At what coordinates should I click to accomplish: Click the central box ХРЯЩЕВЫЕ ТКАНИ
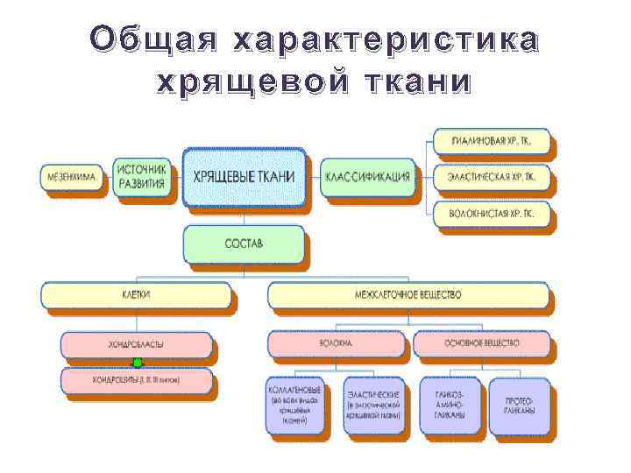click(244, 177)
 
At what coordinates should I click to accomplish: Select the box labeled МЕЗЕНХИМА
click(72, 178)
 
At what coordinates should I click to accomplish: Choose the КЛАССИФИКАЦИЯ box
click(367, 177)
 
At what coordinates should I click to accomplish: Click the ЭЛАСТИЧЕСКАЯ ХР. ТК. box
click(490, 177)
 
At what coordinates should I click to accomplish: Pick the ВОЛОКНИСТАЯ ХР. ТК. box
click(490, 213)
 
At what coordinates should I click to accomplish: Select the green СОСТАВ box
click(244, 244)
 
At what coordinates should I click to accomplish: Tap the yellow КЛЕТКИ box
click(138, 296)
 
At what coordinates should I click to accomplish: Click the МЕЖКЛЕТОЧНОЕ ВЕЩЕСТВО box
click(408, 296)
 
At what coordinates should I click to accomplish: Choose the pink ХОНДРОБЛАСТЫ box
click(137, 344)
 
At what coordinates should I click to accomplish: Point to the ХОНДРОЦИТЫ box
click(137, 380)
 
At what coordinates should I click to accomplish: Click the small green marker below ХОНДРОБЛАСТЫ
click(137, 362)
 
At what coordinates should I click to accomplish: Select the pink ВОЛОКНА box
click(337, 344)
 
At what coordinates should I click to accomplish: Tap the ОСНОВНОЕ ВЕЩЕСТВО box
click(482, 344)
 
